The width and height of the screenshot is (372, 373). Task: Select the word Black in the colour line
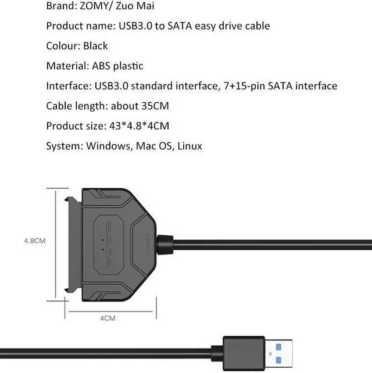coord(95,46)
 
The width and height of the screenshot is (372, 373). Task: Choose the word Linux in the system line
coord(189,146)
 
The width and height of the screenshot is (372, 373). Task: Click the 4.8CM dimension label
coord(34,240)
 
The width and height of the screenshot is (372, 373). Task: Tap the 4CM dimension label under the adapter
coord(108,317)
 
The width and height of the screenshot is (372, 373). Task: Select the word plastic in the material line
coord(125,66)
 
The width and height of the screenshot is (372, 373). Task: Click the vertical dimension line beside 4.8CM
coord(57,240)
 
